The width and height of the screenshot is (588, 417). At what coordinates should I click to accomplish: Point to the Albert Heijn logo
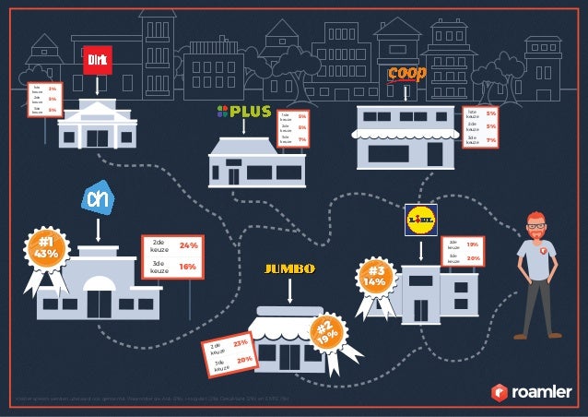point(98,198)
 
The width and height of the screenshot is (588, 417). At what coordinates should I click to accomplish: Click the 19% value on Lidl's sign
point(472,244)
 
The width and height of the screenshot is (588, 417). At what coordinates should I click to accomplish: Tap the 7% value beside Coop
point(491,140)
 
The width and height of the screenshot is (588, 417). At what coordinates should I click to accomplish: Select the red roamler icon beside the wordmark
point(498,391)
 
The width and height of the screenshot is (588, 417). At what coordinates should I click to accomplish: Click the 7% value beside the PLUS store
point(302,141)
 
